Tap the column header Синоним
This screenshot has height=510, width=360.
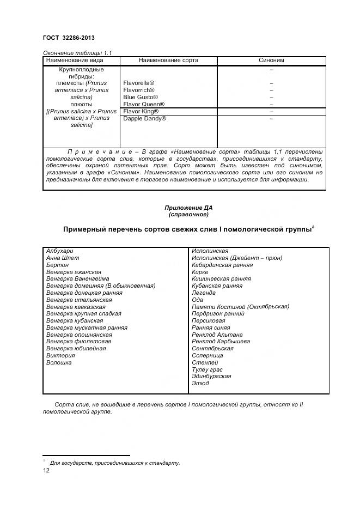click(x=271, y=60)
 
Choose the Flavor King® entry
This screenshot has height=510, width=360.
click(x=141, y=111)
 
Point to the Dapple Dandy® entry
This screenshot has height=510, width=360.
click(x=144, y=118)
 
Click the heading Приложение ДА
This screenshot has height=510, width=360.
click(x=188, y=208)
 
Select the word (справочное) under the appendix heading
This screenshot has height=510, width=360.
click(x=188, y=215)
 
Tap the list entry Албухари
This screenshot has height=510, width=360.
click(x=59, y=251)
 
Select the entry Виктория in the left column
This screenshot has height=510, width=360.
click(x=60, y=355)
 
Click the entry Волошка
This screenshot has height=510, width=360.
click(x=59, y=362)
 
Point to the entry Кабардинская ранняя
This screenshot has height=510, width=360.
click(x=222, y=265)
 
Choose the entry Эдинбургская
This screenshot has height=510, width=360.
click(x=211, y=377)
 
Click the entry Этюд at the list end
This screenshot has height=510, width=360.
click(x=200, y=384)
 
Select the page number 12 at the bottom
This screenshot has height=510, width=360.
click(x=46, y=471)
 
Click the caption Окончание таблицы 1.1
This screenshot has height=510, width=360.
click(x=77, y=53)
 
